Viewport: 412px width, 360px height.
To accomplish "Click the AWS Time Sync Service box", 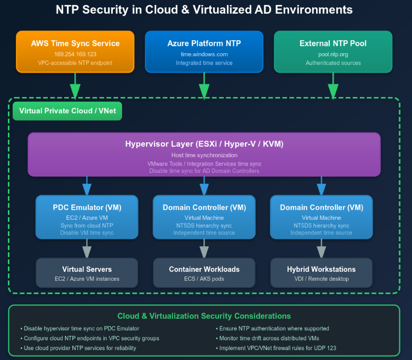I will click(x=75, y=52).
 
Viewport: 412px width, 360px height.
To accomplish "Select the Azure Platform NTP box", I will click(x=204, y=52).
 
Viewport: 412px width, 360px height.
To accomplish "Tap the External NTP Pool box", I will click(x=333, y=52).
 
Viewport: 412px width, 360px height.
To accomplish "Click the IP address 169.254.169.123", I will click(x=75, y=54).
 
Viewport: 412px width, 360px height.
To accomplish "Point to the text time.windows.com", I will click(x=204, y=54).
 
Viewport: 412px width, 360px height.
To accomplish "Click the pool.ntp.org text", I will click(x=333, y=54).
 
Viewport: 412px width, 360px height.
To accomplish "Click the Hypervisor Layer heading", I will click(x=204, y=144).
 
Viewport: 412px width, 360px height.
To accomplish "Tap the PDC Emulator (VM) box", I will click(x=87, y=217).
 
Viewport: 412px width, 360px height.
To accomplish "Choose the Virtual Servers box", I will click(x=87, y=273).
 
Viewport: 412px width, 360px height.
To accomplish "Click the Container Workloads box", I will click(x=204, y=273).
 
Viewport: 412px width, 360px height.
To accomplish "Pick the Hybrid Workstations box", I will click(x=321, y=273).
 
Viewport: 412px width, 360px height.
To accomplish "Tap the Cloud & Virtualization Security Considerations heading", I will click(x=204, y=316).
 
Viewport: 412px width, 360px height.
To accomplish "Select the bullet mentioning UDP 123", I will click(x=276, y=348).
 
